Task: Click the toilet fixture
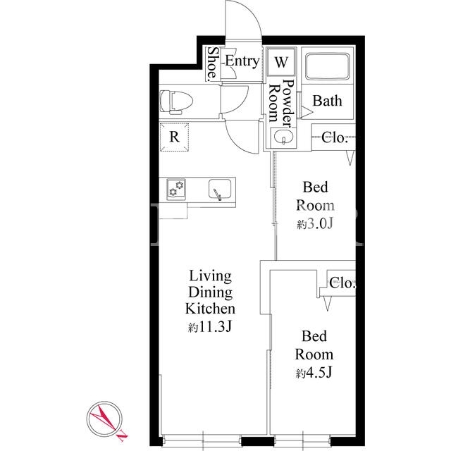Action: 175,102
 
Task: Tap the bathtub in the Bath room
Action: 327,66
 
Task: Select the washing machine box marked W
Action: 281,62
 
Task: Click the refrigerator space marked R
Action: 174,137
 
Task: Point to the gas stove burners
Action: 176,189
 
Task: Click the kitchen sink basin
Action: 220,190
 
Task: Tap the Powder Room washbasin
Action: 283,137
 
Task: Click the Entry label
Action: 242,61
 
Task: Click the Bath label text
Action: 327,101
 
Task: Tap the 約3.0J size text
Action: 315,224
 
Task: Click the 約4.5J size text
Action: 314,373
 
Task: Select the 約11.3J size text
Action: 210,327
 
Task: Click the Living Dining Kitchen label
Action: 210,292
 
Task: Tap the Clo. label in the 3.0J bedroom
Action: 335,137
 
